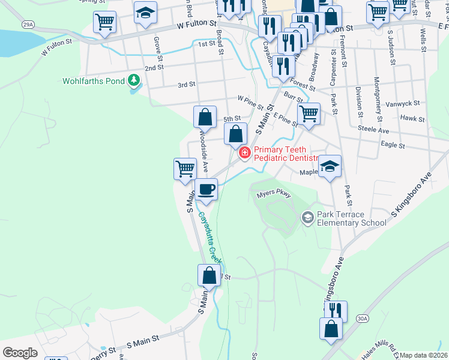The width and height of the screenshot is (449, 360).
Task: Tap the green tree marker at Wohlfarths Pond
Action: pos(133,80)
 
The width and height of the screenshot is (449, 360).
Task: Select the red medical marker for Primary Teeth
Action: pos(244,154)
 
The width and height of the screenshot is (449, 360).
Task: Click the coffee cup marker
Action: pos(206,190)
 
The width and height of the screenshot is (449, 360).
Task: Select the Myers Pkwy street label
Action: pos(274,195)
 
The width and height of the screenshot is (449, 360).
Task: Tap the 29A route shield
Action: pos(27,25)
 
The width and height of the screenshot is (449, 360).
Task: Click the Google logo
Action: pos(20,353)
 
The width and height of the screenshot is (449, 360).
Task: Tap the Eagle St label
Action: pos(393,145)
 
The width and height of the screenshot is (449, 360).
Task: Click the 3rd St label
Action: pos(187,85)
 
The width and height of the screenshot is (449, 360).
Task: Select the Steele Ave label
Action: pos(373,130)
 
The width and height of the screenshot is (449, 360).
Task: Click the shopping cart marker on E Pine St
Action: pos(309,113)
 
